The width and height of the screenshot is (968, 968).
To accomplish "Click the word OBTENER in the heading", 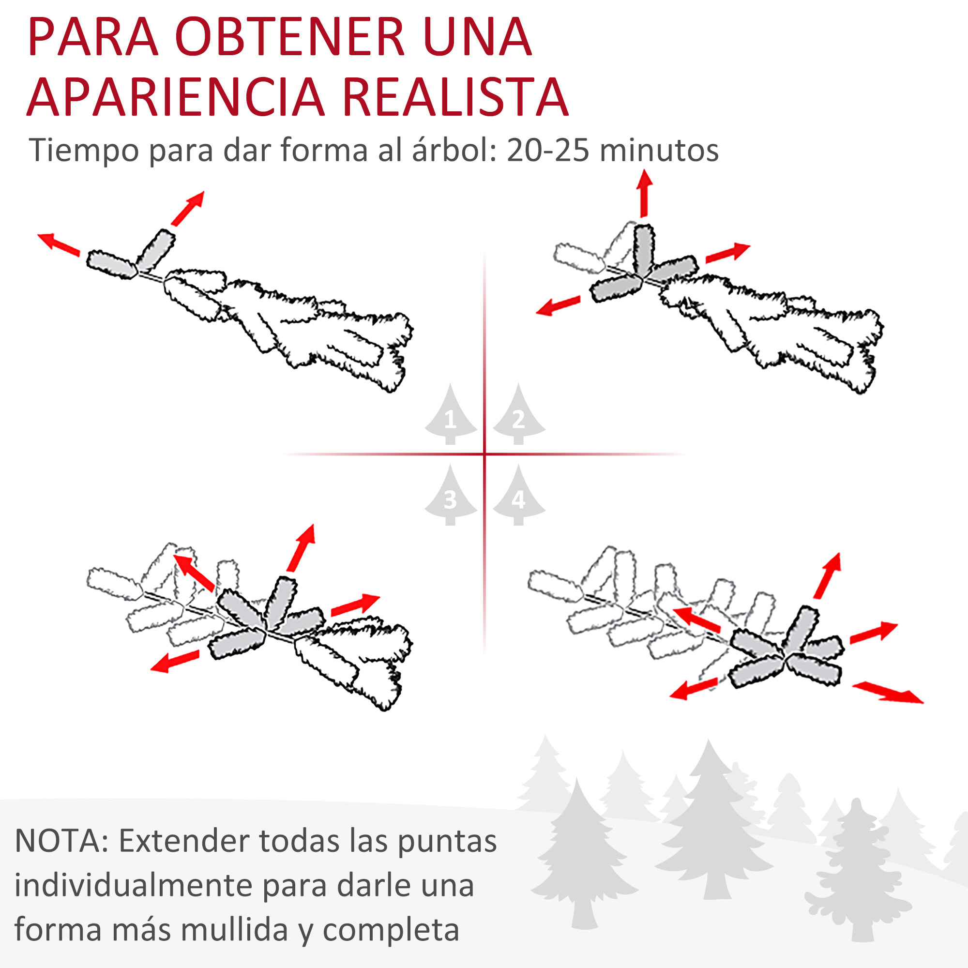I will [289, 38].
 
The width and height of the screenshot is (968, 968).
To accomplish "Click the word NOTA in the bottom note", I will [59, 841].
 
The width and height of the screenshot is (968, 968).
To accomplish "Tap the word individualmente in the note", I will [133, 885].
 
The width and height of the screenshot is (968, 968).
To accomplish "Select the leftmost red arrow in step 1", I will [59, 244].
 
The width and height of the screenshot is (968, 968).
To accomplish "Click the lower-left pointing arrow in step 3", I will [175, 662].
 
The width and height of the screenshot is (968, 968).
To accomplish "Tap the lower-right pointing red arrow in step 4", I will [887, 693].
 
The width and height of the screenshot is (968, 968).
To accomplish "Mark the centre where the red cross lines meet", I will [484, 454].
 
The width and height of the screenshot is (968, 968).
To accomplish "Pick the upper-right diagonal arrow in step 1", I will [188, 208].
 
